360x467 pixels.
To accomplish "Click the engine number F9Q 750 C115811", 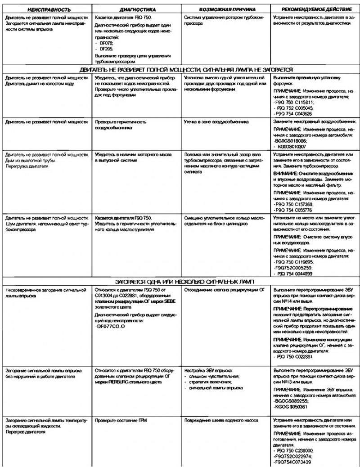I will click(x=297, y=103).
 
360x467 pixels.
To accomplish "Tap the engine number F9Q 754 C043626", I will click(x=297, y=114).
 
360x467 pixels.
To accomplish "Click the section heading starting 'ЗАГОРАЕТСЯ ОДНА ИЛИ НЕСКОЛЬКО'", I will click(x=180, y=281).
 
